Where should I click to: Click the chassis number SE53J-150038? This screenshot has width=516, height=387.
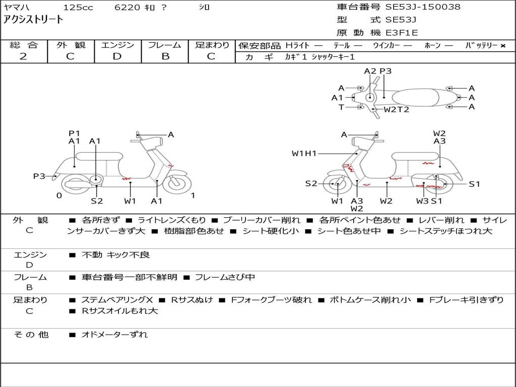[423, 7]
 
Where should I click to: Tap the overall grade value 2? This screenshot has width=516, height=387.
[23, 56]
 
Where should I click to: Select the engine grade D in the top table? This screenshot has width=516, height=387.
[117, 56]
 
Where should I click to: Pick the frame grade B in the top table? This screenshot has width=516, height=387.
[165, 56]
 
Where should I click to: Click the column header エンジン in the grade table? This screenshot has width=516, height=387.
[117, 45]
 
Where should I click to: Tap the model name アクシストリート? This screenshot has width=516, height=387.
[33, 20]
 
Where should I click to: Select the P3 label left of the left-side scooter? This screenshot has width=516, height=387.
[39, 176]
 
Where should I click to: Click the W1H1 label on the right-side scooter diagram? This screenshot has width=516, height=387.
[304, 153]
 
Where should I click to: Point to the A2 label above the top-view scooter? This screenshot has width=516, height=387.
[370, 71]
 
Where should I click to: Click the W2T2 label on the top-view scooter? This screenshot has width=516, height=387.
[396, 109]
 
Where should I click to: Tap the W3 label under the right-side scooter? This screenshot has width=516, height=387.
[422, 201]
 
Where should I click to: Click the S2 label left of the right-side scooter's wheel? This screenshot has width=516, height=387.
[311, 183]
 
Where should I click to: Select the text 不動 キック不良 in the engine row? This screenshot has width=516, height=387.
[116, 255]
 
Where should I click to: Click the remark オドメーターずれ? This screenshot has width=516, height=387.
[114, 335]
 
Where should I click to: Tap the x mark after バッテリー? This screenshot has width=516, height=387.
[502, 45]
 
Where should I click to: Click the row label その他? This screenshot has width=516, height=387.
[31, 335]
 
